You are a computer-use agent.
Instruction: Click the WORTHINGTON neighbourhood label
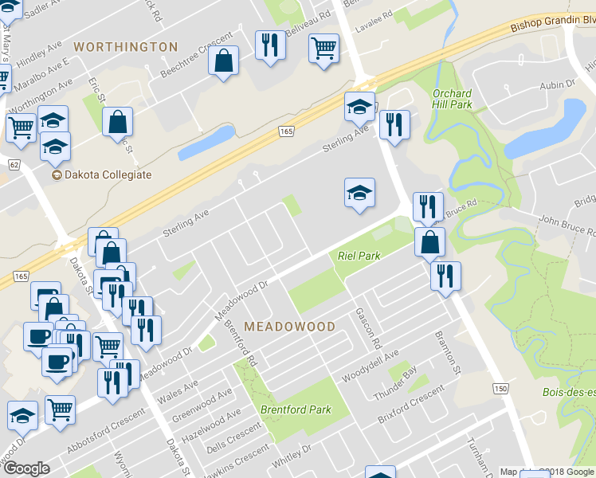[x=125, y=47]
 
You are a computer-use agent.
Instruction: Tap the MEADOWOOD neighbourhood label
[x=289, y=327]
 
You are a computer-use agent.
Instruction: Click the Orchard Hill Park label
[x=452, y=99]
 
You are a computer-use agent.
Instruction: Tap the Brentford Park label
[x=296, y=409]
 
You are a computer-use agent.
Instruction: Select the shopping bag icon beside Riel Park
[x=429, y=241]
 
